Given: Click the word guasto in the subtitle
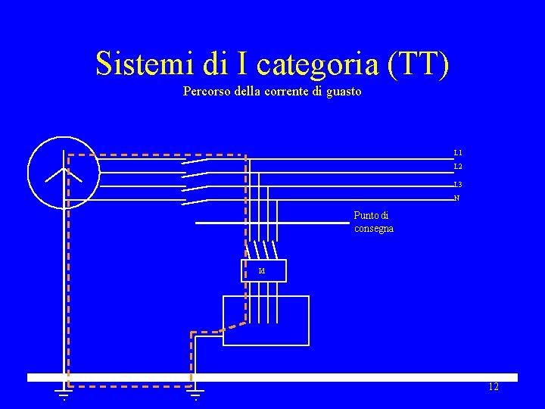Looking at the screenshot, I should [x=344, y=92].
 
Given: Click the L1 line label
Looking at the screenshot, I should [x=458, y=153].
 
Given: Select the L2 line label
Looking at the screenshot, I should [x=458, y=167].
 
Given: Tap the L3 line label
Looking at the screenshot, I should [x=458, y=185].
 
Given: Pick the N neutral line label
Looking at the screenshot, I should [x=456, y=198].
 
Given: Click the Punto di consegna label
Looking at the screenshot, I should [x=373, y=222].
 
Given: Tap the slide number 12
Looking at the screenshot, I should [x=494, y=387].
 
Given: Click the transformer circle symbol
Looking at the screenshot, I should [x=64, y=173].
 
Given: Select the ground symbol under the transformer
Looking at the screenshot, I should [x=64, y=393].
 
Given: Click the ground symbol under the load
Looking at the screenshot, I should [x=195, y=393].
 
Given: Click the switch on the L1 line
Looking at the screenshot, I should [x=195, y=161].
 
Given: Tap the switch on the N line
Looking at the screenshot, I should [x=195, y=201].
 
